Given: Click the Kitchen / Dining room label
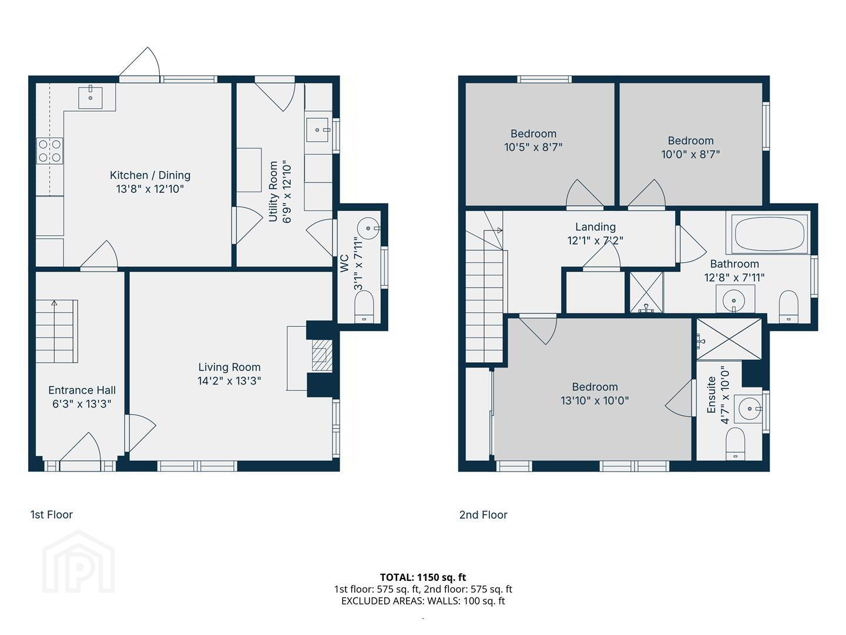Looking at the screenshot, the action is tap(150, 175).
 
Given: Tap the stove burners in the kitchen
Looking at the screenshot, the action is tap(50, 151).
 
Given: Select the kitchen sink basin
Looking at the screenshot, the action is tap(90, 98).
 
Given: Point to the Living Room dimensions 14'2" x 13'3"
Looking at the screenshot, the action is tap(229, 381).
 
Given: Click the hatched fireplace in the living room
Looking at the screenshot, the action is tap(322, 355).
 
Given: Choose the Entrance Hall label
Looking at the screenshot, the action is tap(82, 390).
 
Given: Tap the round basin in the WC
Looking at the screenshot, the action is tap(368, 229).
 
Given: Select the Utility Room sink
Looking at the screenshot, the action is tap(317, 130).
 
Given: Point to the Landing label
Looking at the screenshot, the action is tap(596, 227).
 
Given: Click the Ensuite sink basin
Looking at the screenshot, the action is tap(750, 409).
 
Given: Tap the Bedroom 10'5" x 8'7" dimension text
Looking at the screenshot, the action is tap(533, 147).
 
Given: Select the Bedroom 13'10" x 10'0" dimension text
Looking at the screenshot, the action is tap(595, 400).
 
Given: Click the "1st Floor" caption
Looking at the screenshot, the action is tap(51, 514).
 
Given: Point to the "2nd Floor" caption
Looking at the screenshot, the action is tap(484, 514).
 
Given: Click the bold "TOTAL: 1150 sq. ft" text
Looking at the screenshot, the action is tap(423, 577).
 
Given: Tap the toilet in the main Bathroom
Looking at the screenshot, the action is tap(788, 307).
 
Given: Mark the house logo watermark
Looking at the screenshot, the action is tap(78, 562).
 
